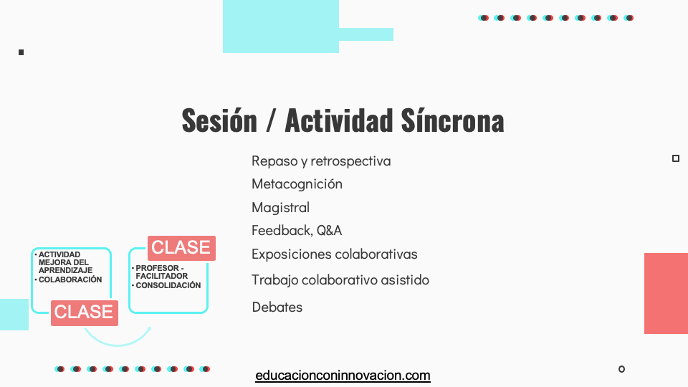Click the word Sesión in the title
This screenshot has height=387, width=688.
219,120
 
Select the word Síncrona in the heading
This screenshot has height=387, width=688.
452,120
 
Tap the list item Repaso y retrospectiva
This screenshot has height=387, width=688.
321,161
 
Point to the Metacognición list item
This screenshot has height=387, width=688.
297,184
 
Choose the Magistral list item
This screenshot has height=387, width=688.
281,207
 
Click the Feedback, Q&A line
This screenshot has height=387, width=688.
297,230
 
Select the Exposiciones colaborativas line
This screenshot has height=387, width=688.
335,254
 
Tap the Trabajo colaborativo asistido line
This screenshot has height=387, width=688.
340,280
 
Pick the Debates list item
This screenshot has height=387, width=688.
277,307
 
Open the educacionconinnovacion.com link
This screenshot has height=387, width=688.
343,376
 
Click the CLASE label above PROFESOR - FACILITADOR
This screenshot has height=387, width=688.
181,248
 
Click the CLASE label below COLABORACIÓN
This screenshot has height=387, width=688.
85,313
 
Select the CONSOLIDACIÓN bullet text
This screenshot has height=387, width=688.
168,285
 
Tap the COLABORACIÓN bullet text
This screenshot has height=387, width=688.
70,279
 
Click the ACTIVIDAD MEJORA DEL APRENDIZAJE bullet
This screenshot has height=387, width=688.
65,262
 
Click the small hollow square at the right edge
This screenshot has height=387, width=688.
676,158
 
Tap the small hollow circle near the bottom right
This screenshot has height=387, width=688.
622,369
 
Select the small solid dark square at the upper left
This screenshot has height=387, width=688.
21,52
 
